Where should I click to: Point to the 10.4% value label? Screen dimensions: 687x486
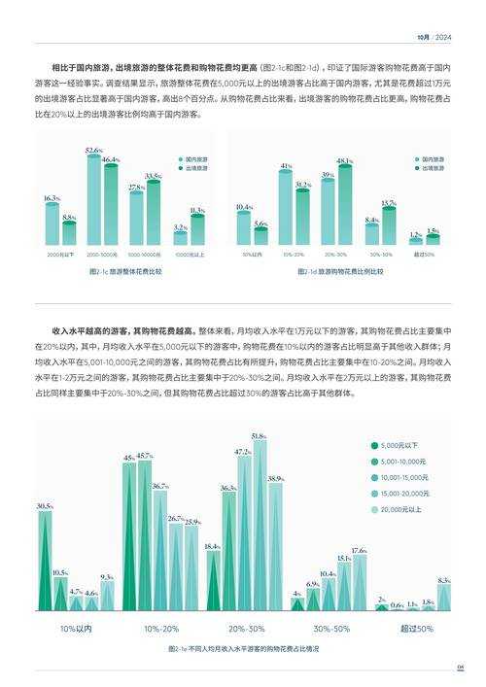coord(244,207)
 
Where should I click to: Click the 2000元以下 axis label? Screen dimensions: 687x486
coord(59,254)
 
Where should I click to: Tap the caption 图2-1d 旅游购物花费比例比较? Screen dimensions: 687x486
coord(339,271)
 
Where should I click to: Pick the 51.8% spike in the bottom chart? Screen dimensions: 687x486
coord(259,525)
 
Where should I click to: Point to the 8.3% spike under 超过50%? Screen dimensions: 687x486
coord(444,597)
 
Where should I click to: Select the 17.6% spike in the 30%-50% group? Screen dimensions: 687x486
coord(359,583)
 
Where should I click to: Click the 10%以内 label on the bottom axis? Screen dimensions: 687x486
coord(75,629)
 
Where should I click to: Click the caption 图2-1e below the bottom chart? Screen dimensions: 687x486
coord(243,648)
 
